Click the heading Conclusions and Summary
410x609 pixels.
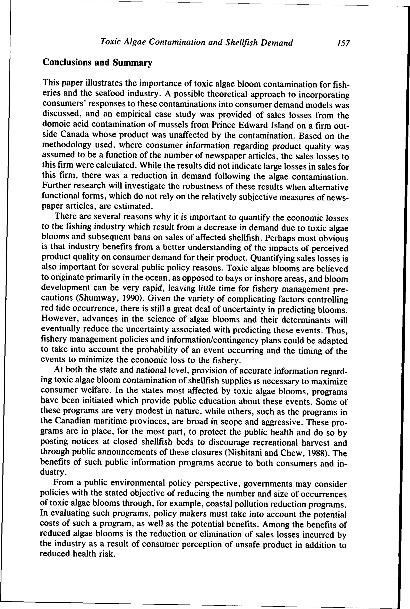click(x=97, y=62)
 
